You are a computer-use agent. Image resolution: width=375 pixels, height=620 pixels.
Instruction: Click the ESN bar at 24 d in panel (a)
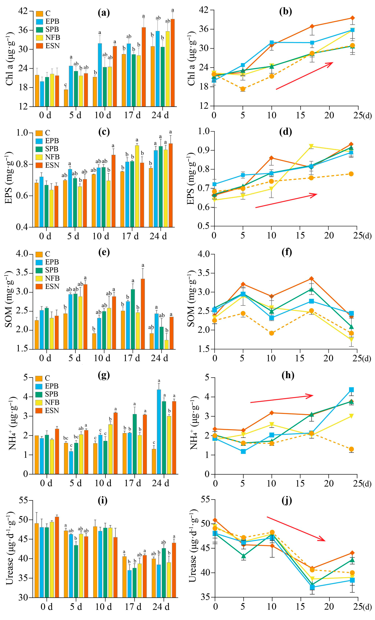[173, 63]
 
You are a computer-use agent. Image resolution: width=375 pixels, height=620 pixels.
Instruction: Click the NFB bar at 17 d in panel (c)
[137, 186]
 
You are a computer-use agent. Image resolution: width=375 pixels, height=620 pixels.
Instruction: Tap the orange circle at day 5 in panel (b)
[243, 89]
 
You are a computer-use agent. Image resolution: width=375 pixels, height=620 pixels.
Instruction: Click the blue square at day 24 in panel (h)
[351, 390]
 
